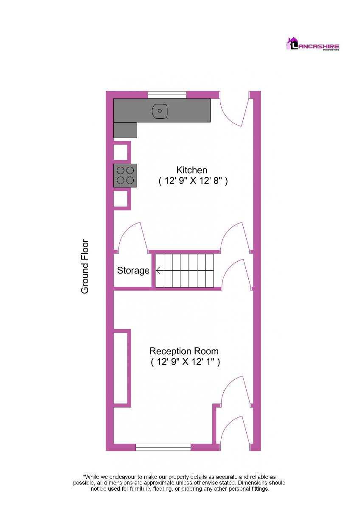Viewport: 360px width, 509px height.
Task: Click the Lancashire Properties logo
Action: click(312, 44)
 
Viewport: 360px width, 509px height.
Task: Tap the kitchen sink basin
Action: click(160, 111)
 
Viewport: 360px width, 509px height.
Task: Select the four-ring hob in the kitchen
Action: click(125, 176)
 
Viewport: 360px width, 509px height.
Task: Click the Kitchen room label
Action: click(192, 170)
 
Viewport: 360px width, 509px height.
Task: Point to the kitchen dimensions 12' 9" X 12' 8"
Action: click(193, 181)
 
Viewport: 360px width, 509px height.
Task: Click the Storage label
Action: click(133, 271)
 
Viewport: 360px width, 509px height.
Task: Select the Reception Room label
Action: click(184, 351)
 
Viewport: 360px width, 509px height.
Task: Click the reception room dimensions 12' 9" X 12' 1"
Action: click(185, 362)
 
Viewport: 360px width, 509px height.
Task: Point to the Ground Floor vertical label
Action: click(84, 266)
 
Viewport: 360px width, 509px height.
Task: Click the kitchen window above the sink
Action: click(167, 95)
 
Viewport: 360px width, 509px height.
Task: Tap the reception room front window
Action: click(163, 447)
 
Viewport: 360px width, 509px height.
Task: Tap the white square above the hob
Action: click(120, 152)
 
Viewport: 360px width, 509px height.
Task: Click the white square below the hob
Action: click(120, 199)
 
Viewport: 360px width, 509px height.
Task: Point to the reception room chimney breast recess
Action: click(120, 368)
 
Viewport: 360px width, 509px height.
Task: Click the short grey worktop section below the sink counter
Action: click(125, 130)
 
